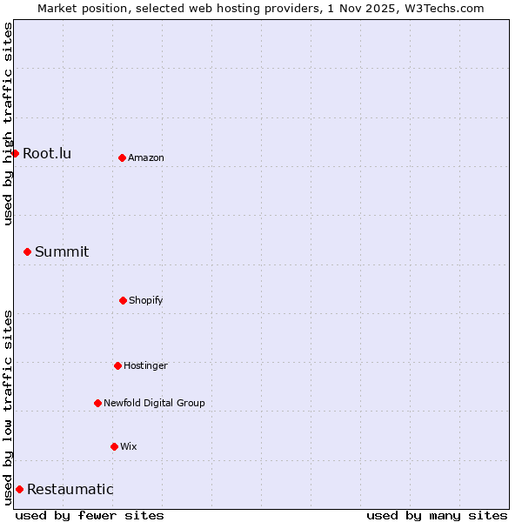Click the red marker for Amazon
coord(122,157)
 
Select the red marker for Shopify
coord(123,300)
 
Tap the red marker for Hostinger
coord(117,365)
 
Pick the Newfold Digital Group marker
coord(97,403)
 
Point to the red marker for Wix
coord(114,446)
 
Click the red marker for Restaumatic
coord(19,489)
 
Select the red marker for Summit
coord(27,251)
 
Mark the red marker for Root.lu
coord(15,153)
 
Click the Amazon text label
coord(146,157)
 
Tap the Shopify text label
coord(146,300)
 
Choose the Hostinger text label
coord(145,365)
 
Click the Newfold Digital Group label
coord(154,403)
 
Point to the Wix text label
coord(129,446)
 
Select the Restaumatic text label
coord(70,489)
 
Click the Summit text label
coord(62,251)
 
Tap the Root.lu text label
coord(47,153)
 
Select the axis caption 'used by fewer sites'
coord(90,515)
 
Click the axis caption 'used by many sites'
coord(437,515)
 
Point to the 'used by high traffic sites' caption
coord(8,124)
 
